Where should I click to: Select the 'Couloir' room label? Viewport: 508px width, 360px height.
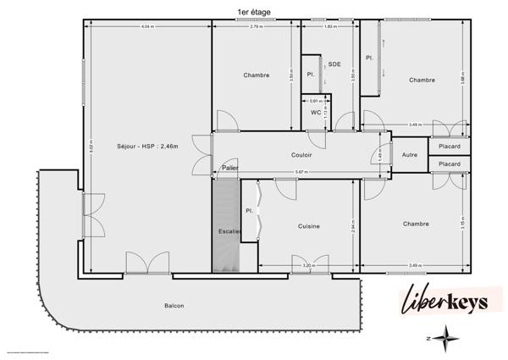pos(301,155)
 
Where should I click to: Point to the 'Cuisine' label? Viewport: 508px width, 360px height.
pos(308,225)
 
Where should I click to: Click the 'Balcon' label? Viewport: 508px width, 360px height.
pos(174,306)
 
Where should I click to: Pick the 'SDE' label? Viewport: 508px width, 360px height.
pos(334,64)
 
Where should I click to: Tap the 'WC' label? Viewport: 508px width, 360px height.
pos(315,112)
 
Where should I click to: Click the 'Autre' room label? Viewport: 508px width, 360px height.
pos(409,155)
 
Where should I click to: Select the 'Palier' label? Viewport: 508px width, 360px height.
pos(229,168)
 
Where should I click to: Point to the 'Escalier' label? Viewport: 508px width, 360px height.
pos(229,230)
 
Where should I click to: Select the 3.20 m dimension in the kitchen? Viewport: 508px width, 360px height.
pos(307,266)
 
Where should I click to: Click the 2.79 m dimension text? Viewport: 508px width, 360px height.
pos(256,28)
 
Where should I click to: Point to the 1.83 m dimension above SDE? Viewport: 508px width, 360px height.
pos(330,28)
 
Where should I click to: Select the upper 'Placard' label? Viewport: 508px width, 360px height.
pos(450,146)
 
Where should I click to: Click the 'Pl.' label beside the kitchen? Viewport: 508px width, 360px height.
pos(249,210)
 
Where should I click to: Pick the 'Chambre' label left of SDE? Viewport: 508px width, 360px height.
pos(256,75)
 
